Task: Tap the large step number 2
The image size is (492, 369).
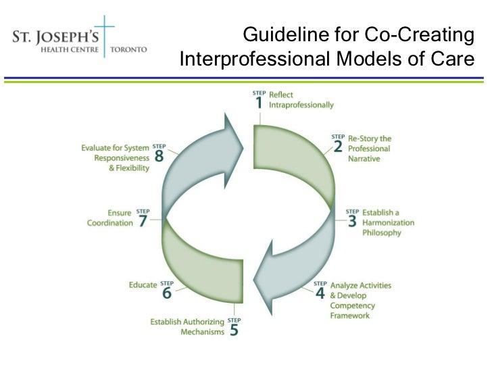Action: [337, 148]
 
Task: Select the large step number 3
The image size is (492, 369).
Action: [352, 222]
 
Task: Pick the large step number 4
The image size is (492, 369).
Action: [320, 294]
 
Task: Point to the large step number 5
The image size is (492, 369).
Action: [233, 331]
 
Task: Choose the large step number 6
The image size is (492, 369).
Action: [166, 293]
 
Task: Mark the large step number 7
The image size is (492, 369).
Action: [143, 222]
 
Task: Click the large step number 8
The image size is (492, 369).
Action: [159, 156]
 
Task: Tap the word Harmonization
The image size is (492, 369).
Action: [389, 222]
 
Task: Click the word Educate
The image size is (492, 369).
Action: [143, 285]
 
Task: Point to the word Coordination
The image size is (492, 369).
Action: [110, 223]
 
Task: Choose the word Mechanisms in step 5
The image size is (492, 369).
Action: [201, 332]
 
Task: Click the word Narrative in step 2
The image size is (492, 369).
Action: [364, 159]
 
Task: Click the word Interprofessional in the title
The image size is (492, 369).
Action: [255, 59]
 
